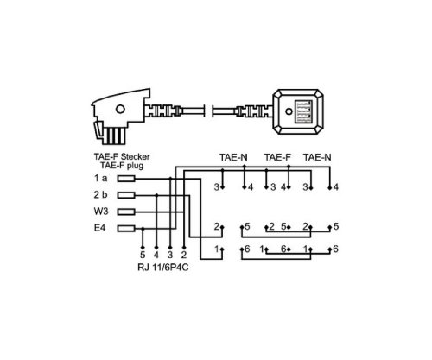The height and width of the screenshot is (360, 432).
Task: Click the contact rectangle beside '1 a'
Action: coord(126,178)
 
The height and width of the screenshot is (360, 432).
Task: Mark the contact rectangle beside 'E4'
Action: coord(126,229)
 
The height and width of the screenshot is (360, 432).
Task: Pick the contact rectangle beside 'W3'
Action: coord(126,212)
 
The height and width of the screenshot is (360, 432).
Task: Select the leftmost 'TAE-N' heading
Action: coord(231,158)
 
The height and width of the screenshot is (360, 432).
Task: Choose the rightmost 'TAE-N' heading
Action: coord(322,158)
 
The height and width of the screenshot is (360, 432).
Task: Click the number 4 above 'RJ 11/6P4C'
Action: coord(156,256)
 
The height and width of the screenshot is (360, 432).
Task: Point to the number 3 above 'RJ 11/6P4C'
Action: coord(170,256)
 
